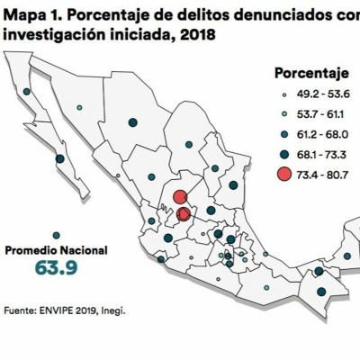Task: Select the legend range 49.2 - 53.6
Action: click(x=319, y=94)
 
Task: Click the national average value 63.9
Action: click(x=58, y=268)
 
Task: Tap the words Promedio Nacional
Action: click(x=58, y=249)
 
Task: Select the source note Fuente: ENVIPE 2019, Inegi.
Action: click(x=64, y=311)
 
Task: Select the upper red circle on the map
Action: click(x=179, y=197)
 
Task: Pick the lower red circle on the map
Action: click(x=184, y=214)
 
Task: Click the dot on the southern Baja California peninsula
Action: click(x=59, y=158)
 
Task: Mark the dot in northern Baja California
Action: click(x=26, y=91)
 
